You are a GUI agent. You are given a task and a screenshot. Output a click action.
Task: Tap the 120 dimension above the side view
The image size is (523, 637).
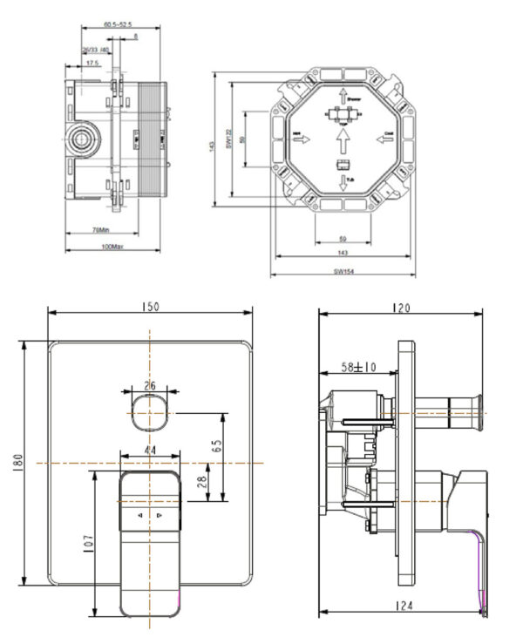click(x=401, y=307)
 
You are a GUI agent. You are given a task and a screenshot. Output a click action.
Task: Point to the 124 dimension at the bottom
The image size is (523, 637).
click(x=402, y=604)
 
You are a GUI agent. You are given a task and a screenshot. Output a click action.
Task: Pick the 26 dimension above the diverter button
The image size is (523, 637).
click(x=149, y=384)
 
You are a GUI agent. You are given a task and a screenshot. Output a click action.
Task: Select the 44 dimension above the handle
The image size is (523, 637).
click(x=149, y=450)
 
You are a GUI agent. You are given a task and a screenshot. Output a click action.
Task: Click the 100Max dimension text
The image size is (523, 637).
click(x=101, y=247)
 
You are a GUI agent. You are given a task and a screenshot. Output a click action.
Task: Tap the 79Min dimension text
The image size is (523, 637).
click(x=100, y=230)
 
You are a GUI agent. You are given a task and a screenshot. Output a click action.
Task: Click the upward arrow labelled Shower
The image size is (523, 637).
click(x=343, y=95)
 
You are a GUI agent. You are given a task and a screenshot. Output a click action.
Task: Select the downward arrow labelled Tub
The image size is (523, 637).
click(x=343, y=184)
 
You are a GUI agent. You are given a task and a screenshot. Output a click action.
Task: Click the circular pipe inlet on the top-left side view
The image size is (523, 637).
click(x=85, y=139)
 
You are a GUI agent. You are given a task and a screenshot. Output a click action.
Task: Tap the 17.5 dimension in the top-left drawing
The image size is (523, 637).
click(x=92, y=63)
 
